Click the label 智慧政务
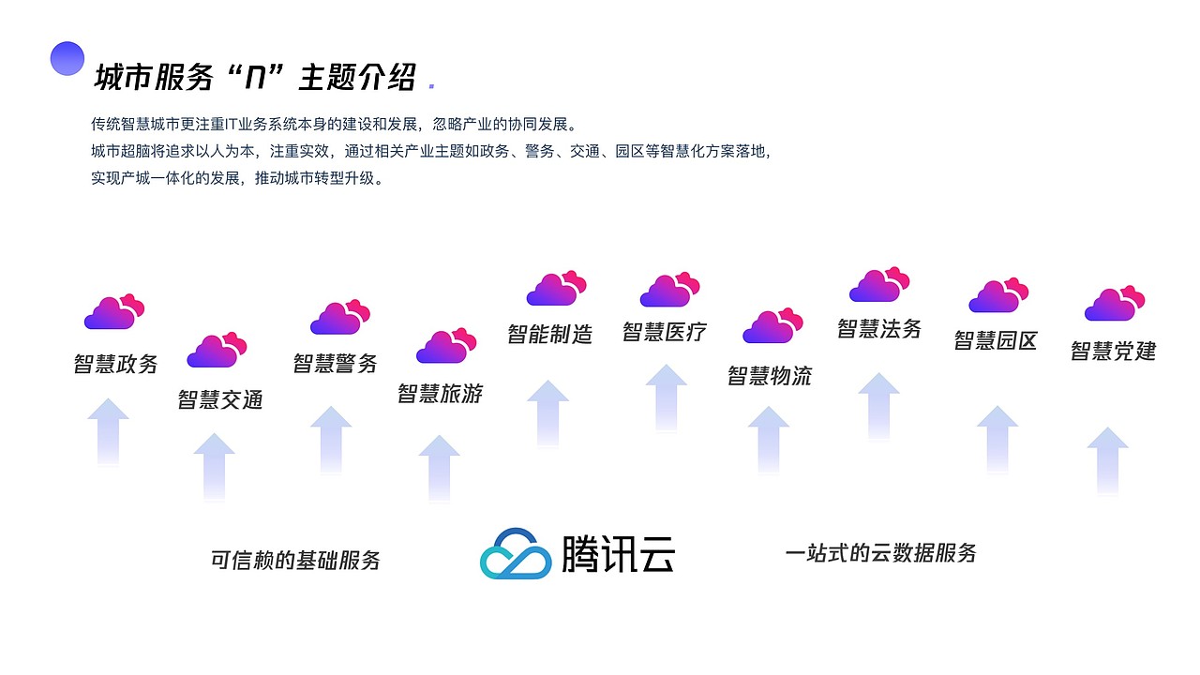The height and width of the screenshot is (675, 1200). tap(116, 364)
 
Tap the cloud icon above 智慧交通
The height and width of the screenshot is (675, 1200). tap(217, 350)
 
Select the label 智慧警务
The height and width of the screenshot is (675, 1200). tap(335, 364)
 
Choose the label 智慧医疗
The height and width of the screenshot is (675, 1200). tap(664, 332)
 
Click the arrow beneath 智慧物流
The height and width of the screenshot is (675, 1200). tap(769, 440)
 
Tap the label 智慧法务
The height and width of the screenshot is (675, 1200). tap(879, 328)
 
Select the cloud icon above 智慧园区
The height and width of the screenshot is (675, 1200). tap(998, 295)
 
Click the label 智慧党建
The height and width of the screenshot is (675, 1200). tap(1113, 352)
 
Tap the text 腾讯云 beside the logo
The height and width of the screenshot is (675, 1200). tap(618, 554)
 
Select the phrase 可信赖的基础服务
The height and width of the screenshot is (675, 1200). tap(295, 561)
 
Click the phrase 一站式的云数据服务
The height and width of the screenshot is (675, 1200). tap(880, 553)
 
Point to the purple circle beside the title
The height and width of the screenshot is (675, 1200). tap(67, 58)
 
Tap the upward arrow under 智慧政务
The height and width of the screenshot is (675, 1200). tap(109, 431)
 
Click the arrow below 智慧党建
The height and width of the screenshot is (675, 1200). tap(1107, 460)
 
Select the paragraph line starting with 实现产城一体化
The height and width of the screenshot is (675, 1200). tap(237, 177)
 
